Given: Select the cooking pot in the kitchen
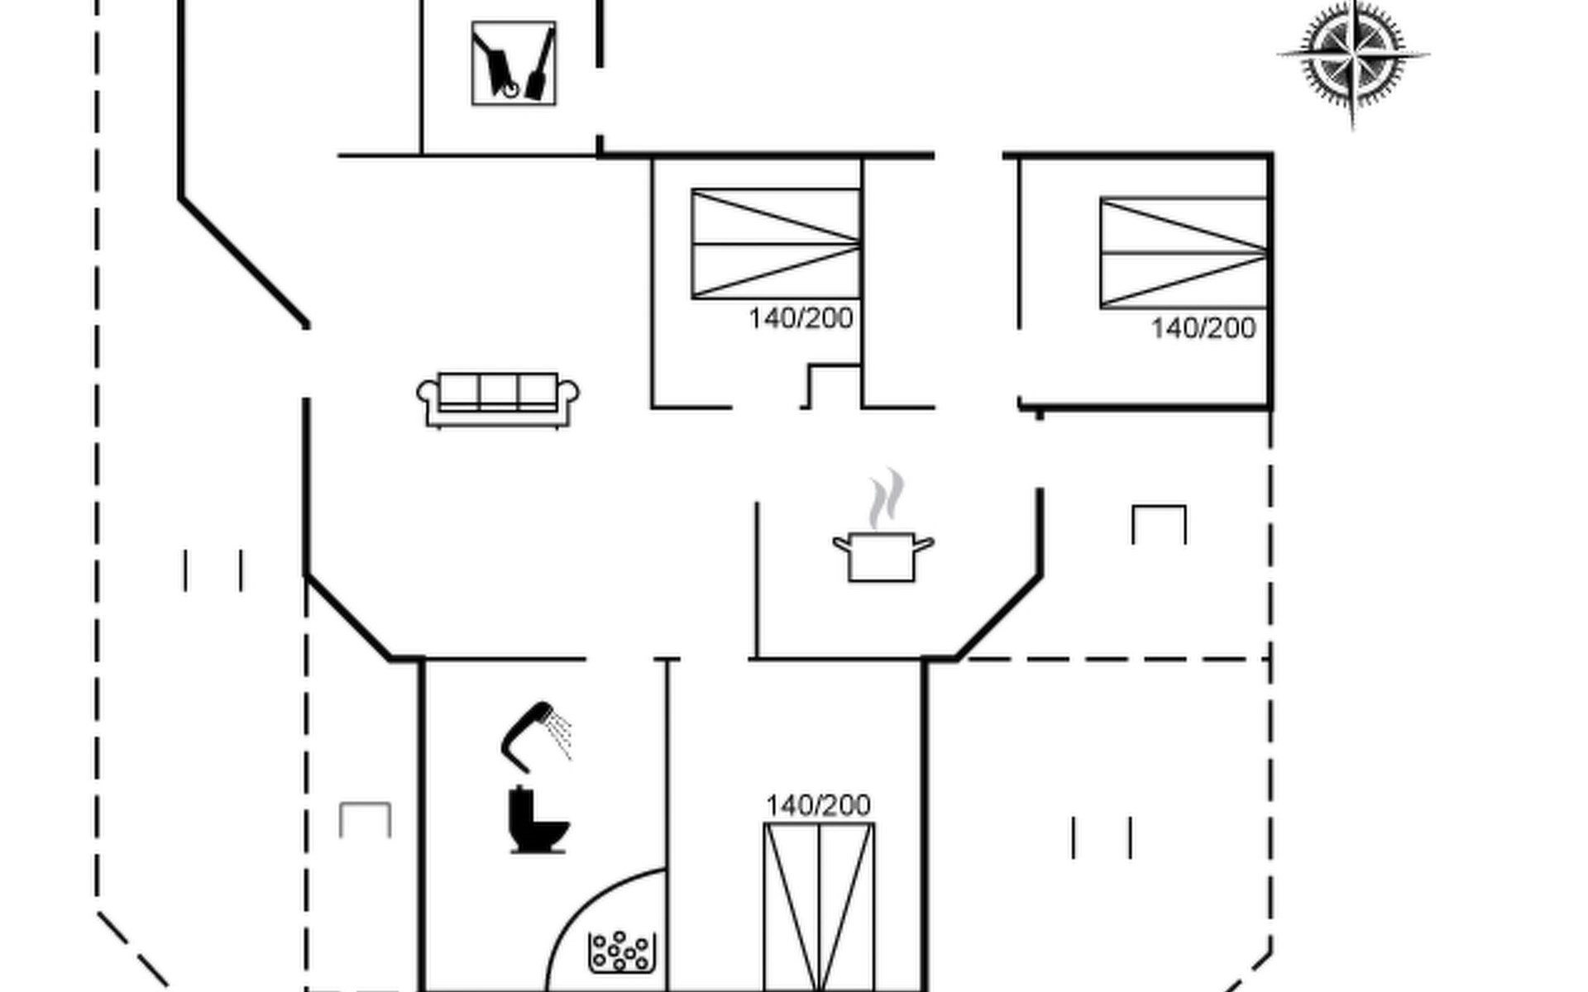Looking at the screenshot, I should tap(882, 557).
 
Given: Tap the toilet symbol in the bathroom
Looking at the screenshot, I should tap(537, 821).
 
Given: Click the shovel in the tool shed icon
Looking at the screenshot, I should tap(540, 69).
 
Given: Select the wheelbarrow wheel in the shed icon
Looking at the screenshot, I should tap(510, 88).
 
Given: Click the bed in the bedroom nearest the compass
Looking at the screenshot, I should tap(1184, 253).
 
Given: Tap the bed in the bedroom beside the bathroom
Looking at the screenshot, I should tap(819, 906).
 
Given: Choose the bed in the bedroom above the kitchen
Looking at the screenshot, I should tap(776, 244).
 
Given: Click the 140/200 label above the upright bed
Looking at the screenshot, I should tap(818, 805).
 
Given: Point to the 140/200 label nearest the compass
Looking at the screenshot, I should tap(1203, 328).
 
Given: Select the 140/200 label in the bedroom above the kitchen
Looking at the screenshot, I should tap(801, 318).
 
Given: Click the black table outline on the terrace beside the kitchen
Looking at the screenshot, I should tap(1159, 523).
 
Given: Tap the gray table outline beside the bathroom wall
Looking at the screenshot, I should tap(365, 818).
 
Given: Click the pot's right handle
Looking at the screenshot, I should tap(924, 544).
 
